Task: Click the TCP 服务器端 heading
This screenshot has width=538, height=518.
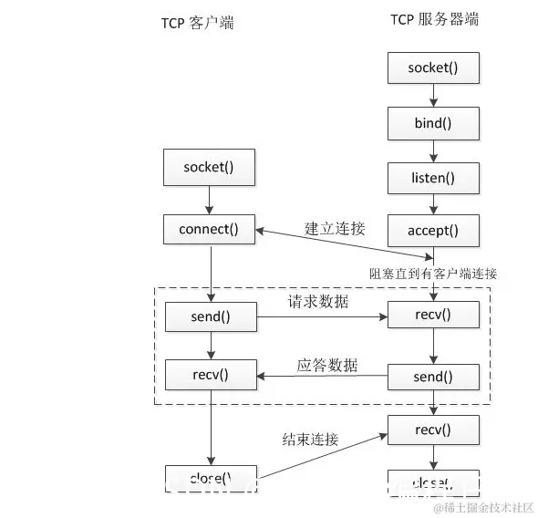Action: [x=433, y=19]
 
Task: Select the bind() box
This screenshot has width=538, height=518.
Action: [x=433, y=121]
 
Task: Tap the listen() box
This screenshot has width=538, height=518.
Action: [x=433, y=176]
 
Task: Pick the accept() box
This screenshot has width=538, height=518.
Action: [x=433, y=231]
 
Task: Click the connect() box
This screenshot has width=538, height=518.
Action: [x=210, y=229]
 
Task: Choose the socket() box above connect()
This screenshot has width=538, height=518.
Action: [x=210, y=168]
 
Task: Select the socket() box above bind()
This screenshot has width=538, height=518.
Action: [x=433, y=67]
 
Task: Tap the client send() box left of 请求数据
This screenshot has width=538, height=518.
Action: [x=210, y=317]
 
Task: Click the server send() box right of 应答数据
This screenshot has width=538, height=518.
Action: [x=433, y=376]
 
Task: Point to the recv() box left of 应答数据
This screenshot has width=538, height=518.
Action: [x=210, y=373]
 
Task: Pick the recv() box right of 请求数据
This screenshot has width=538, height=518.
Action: [x=433, y=316]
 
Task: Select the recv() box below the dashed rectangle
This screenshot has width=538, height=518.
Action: [x=433, y=428]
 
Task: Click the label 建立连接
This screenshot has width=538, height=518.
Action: [x=335, y=228]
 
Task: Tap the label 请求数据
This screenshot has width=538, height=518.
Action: [x=318, y=302]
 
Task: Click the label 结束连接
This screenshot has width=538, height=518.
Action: [x=310, y=440]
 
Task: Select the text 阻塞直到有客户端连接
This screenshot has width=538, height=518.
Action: [x=433, y=273]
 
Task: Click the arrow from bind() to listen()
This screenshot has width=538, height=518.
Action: [x=433, y=149]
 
